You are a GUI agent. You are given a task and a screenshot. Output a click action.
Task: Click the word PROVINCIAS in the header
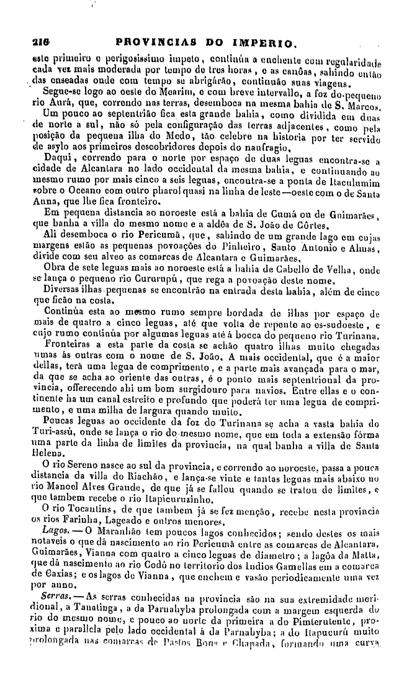[x=147, y=44]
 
